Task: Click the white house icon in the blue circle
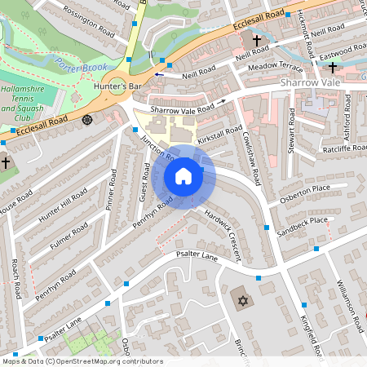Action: [183, 176]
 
